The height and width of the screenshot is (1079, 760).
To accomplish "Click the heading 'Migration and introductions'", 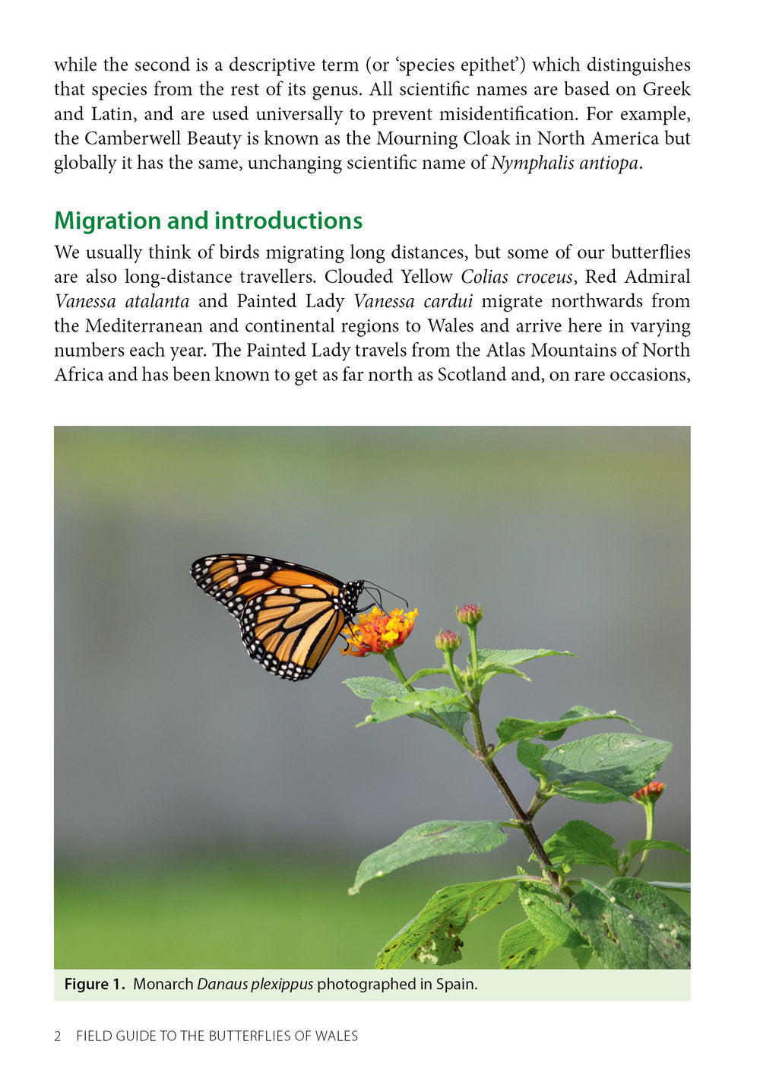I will pyautogui.click(x=208, y=221).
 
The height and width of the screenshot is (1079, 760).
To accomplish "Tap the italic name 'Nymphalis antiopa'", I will pyautogui.click(x=564, y=163).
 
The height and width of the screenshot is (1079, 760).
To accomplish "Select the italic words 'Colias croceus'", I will pyautogui.click(x=516, y=277).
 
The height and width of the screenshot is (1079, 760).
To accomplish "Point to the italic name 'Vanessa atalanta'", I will pyautogui.click(x=122, y=301).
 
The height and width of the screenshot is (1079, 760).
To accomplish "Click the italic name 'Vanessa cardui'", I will pyautogui.click(x=413, y=301).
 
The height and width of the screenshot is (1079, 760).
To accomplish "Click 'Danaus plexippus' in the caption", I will pyautogui.click(x=255, y=985).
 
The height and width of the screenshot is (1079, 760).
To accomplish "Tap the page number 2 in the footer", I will pyautogui.click(x=58, y=1036).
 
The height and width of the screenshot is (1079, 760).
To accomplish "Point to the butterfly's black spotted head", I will pyautogui.click(x=353, y=592).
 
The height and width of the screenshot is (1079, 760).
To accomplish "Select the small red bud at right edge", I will pyautogui.click(x=649, y=791).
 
